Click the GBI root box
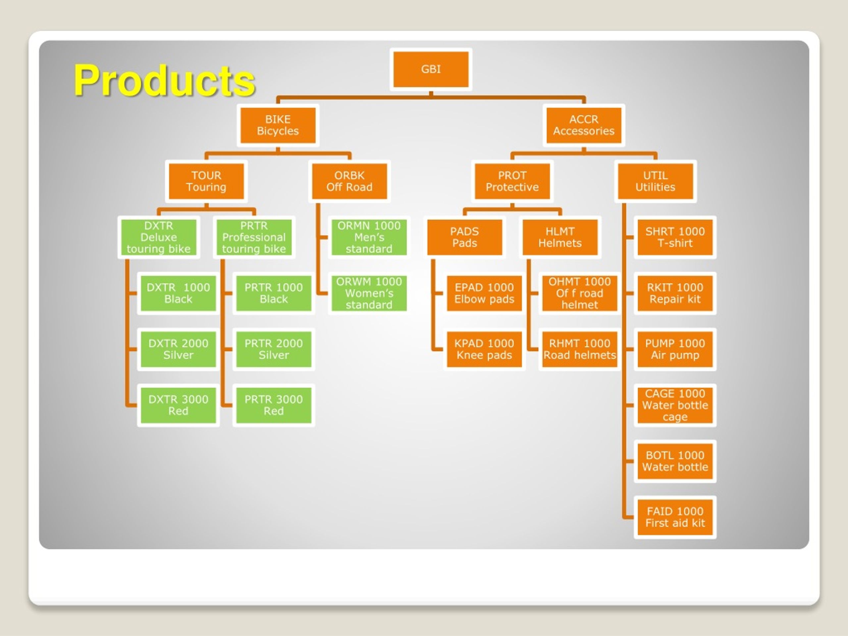pyautogui.click(x=431, y=69)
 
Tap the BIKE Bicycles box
pyautogui.click(x=278, y=125)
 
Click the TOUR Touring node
pyautogui.click(x=206, y=181)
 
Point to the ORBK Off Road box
pyautogui.click(x=349, y=181)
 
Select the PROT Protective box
pyautogui.click(x=512, y=181)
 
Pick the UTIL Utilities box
pyautogui.click(x=655, y=181)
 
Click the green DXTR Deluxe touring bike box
pyautogui.click(x=159, y=237)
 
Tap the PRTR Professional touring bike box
pyautogui.click(x=254, y=237)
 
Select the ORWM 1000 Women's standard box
pyautogui.click(x=369, y=293)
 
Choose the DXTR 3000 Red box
pyautogui.click(x=178, y=405)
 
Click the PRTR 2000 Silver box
pyautogui.click(x=274, y=349)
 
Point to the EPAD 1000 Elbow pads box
pyautogui.click(x=484, y=293)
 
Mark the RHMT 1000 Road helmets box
pyautogui.click(x=580, y=349)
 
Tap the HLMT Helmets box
pyautogui.click(x=560, y=237)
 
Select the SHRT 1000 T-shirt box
pyautogui.click(x=675, y=237)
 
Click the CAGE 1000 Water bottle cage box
pyautogui.click(x=675, y=405)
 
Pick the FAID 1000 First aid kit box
pyautogui.click(x=675, y=517)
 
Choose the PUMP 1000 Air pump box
pyautogui.click(x=675, y=349)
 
